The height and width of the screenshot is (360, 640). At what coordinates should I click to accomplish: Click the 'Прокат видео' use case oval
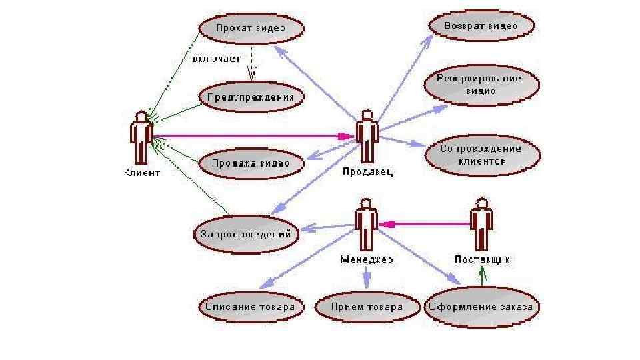(251, 29)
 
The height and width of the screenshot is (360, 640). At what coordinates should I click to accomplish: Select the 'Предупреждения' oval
(251, 97)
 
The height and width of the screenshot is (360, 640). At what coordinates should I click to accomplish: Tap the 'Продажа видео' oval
(251, 163)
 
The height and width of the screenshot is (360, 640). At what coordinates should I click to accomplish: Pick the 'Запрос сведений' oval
(246, 234)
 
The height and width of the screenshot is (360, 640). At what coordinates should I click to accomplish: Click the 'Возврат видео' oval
(481, 27)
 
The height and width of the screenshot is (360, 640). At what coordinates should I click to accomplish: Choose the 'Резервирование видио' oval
(480, 85)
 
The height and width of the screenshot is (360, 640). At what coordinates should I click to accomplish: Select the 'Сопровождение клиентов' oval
(481, 155)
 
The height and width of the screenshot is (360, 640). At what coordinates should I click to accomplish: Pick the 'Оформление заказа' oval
(481, 307)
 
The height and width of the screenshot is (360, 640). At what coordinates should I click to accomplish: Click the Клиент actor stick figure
(141, 138)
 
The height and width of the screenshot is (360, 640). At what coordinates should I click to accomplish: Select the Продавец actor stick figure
(367, 136)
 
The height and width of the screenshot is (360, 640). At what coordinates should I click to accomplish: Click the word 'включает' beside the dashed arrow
(217, 59)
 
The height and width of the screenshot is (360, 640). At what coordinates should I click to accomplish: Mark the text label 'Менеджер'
(367, 259)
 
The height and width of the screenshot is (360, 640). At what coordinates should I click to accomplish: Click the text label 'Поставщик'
(481, 259)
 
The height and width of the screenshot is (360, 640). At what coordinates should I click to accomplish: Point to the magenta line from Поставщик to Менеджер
(427, 224)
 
